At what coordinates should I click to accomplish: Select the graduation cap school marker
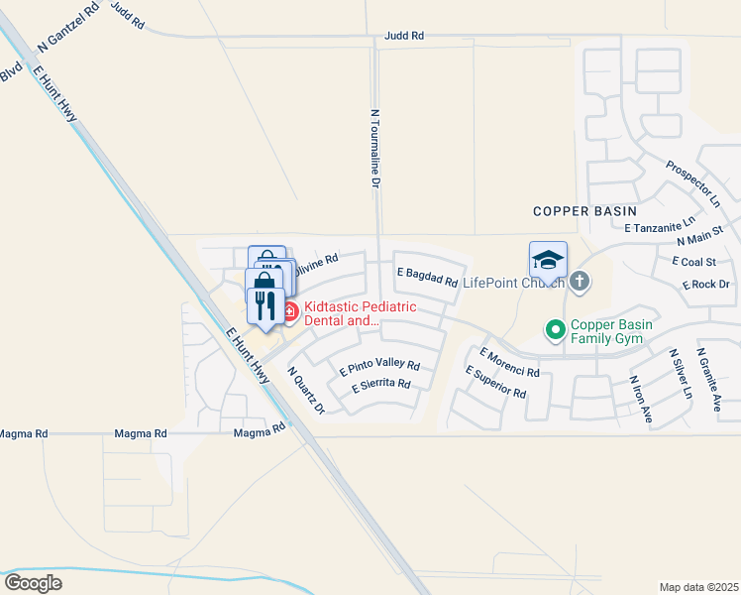(548, 260)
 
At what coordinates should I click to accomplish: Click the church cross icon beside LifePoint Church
(580, 283)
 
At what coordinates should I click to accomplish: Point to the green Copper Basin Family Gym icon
(556, 328)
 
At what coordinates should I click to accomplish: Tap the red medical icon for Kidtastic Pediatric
(290, 313)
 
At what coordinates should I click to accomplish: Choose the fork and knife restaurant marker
(265, 305)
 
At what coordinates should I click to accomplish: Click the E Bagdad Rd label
(427, 277)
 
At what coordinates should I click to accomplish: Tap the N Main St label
(701, 235)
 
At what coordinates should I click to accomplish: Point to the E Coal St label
(693, 262)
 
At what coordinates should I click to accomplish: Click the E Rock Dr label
(705, 285)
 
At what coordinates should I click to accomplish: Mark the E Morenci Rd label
(508, 362)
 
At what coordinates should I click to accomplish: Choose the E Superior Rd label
(495, 382)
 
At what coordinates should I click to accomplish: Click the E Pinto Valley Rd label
(379, 365)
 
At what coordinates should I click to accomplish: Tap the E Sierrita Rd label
(380, 383)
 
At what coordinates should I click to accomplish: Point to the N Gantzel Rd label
(68, 27)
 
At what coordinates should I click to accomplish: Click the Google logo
(33, 582)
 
